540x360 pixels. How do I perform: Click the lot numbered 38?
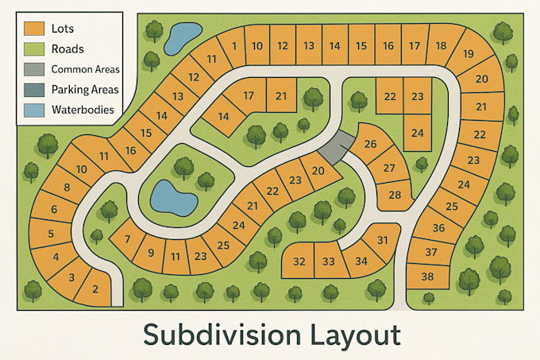click(x=428, y=277)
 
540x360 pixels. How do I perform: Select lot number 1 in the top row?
click(x=233, y=46)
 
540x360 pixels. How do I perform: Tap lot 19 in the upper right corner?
click(x=469, y=54)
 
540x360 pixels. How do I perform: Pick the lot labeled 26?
click(x=370, y=144)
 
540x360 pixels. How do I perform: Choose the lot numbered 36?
click(x=438, y=228)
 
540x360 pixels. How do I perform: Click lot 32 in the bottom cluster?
click(x=299, y=261)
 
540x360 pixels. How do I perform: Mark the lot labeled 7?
click(x=126, y=239)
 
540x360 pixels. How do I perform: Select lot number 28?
click(x=395, y=195)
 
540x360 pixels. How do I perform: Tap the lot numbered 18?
click(x=441, y=45)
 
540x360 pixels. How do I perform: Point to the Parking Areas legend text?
click(x=86, y=90)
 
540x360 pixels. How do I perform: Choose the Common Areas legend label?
click(x=85, y=69)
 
